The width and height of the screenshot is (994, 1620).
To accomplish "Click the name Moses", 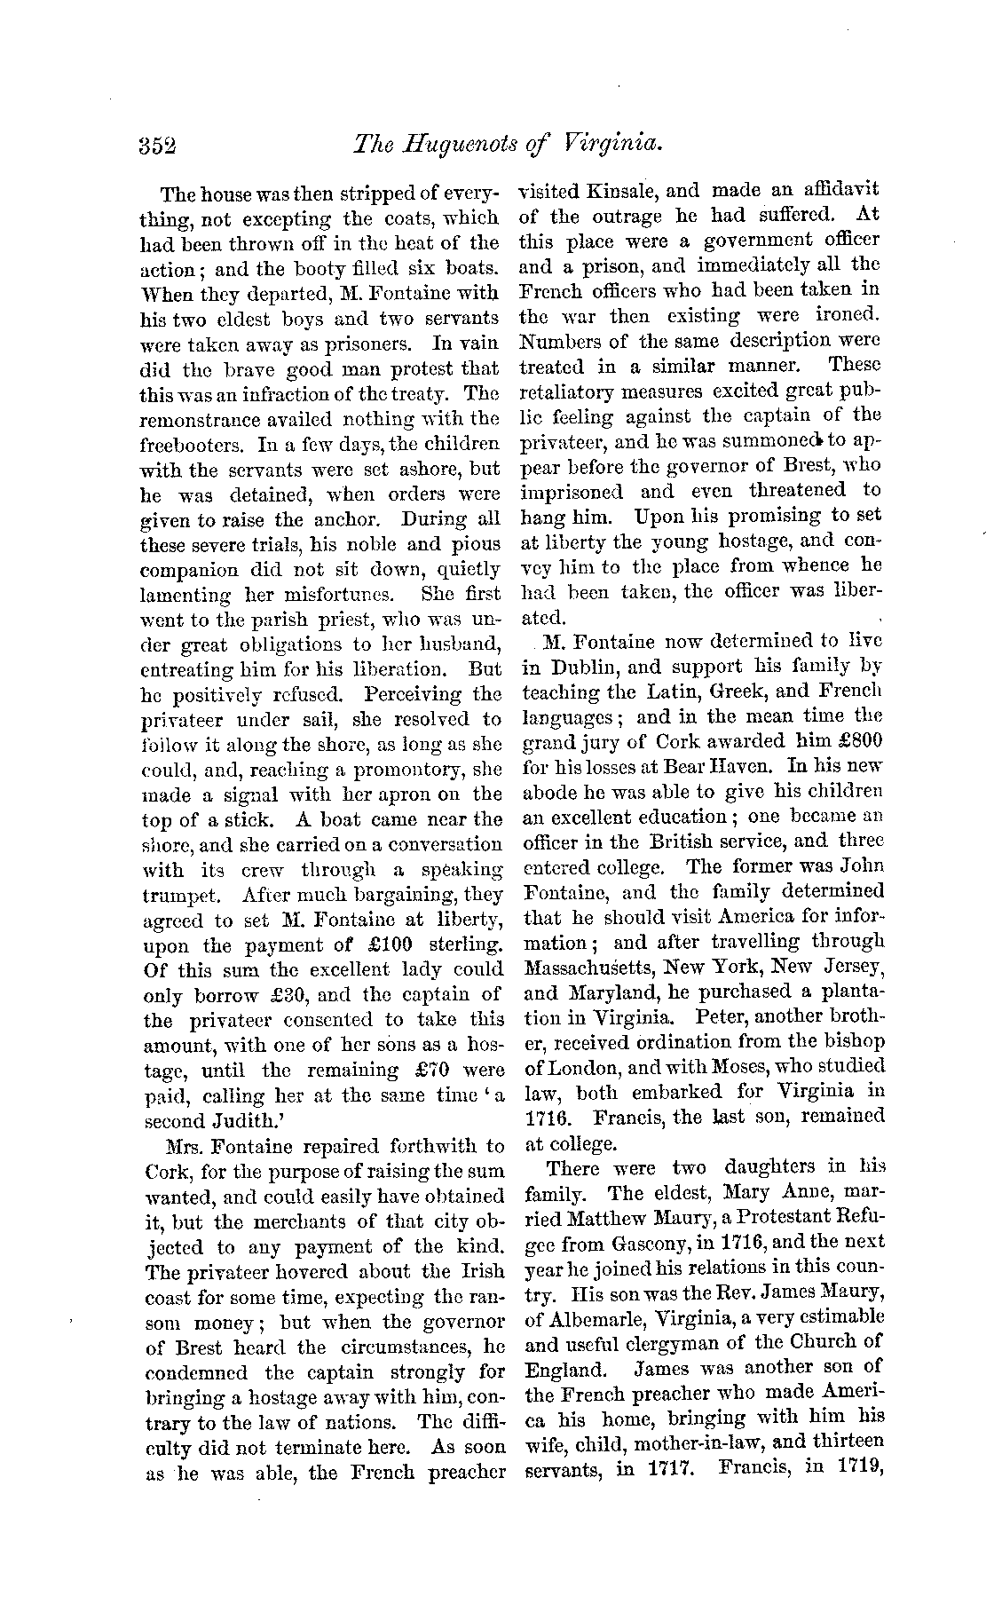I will pos(753,1066).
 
